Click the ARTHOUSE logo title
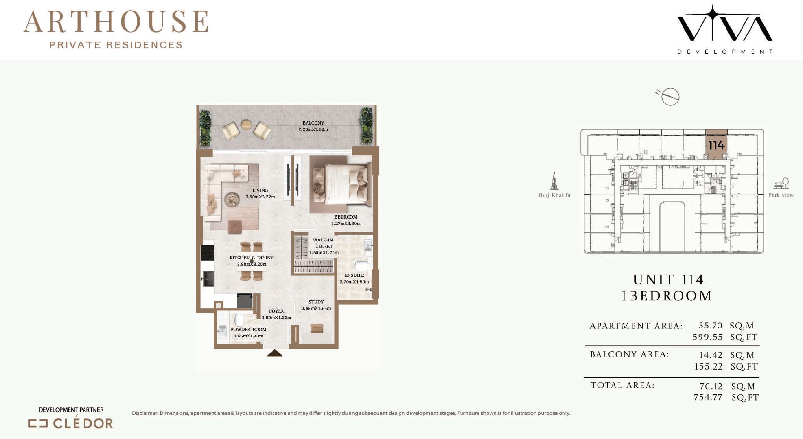click(x=116, y=22)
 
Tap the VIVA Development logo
click(x=725, y=29)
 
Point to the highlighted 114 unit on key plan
click(x=716, y=145)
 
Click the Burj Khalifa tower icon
click(x=554, y=181)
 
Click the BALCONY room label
click(x=313, y=123)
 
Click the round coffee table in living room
click(x=232, y=199)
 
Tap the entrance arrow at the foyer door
click(x=275, y=353)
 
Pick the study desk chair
click(x=317, y=328)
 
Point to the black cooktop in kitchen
click(x=207, y=253)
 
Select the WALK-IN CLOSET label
click(x=324, y=243)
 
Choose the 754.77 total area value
click(x=708, y=397)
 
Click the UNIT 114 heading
click(x=668, y=279)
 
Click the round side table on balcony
click(x=247, y=124)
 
